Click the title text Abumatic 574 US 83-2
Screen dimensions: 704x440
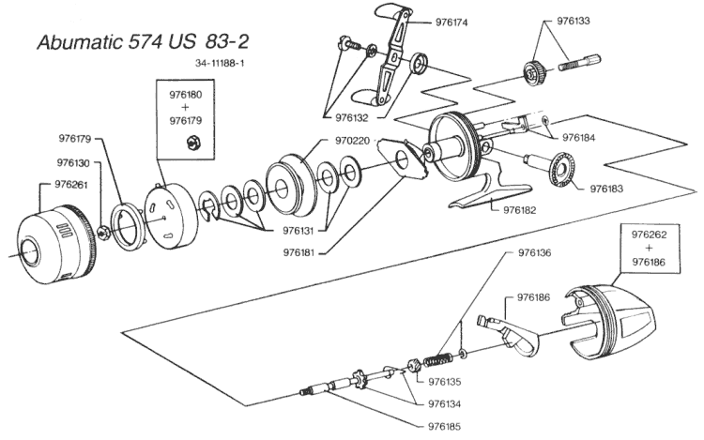(x=143, y=41)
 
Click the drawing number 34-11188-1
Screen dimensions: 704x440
(x=220, y=63)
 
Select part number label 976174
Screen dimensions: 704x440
(x=451, y=23)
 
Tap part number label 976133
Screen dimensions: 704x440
(x=574, y=21)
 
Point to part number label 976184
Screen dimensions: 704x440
(x=579, y=138)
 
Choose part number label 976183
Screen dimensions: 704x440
(x=606, y=189)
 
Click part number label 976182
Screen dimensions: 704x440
(x=520, y=210)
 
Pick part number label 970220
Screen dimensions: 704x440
(x=352, y=141)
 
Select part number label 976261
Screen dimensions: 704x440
(x=71, y=185)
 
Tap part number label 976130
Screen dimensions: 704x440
(x=73, y=163)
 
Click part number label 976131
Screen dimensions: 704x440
(x=299, y=231)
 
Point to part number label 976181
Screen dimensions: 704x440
(x=299, y=253)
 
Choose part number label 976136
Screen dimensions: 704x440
(x=534, y=253)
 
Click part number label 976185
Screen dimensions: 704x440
(x=445, y=427)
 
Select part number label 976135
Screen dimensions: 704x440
(x=445, y=382)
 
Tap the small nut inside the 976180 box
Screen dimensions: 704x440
(x=193, y=144)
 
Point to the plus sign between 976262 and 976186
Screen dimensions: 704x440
(x=649, y=248)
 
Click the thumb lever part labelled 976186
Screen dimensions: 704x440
(x=512, y=334)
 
